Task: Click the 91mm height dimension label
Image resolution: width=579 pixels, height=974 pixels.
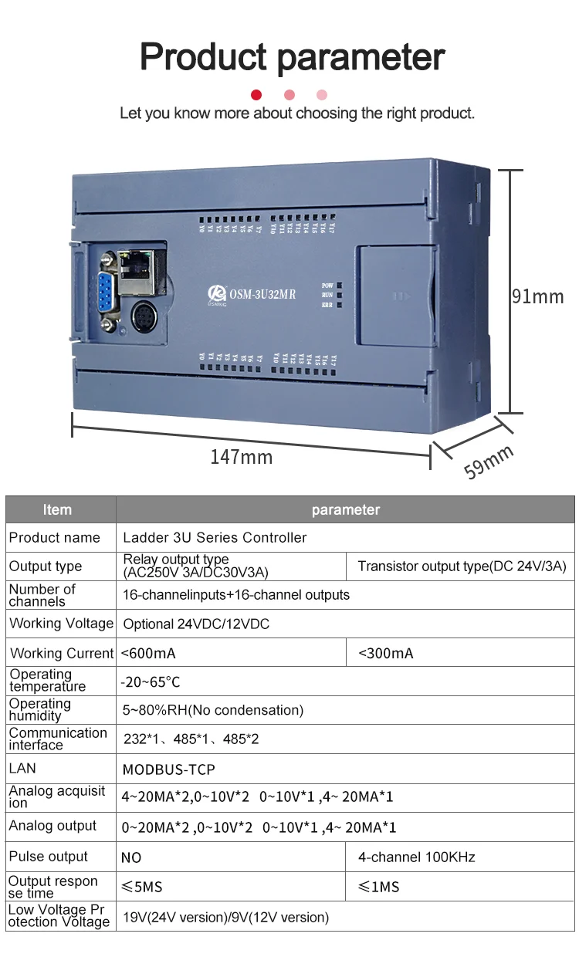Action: tap(538, 296)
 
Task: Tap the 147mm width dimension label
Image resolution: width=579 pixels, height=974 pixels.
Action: tap(242, 457)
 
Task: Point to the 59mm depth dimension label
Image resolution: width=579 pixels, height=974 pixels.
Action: tap(489, 462)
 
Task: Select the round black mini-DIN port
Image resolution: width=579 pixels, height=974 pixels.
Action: tap(144, 317)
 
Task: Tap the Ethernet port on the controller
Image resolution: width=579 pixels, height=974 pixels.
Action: tap(144, 265)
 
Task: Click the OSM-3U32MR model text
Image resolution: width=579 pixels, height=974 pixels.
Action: tap(262, 293)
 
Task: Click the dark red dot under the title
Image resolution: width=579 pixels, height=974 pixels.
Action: tap(256, 95)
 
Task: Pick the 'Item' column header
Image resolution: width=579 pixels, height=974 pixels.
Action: tap(57, 509)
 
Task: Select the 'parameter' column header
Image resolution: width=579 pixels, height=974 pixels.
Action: tap(346, 509)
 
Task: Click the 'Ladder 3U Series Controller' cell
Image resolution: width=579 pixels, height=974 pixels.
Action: tap(215, 537)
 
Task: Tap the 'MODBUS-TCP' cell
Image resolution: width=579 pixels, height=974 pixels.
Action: tap(169, 769)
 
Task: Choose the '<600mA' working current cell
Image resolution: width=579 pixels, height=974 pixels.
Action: tap(148, 653)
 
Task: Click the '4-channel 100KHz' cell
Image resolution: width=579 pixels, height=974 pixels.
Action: tap(417, 857)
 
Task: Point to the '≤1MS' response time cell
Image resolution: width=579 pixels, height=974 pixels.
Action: tap(379, 887)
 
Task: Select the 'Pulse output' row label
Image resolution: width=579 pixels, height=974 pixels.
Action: tap(49, 857)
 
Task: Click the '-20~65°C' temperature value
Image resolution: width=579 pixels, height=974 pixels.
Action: tap(151, 682)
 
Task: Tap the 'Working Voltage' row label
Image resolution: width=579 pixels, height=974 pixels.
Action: tap(61, 624)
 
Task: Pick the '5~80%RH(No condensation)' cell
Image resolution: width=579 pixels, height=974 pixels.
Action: tap(213, 710)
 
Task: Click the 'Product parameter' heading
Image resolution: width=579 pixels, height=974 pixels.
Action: tap(292, 57)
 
